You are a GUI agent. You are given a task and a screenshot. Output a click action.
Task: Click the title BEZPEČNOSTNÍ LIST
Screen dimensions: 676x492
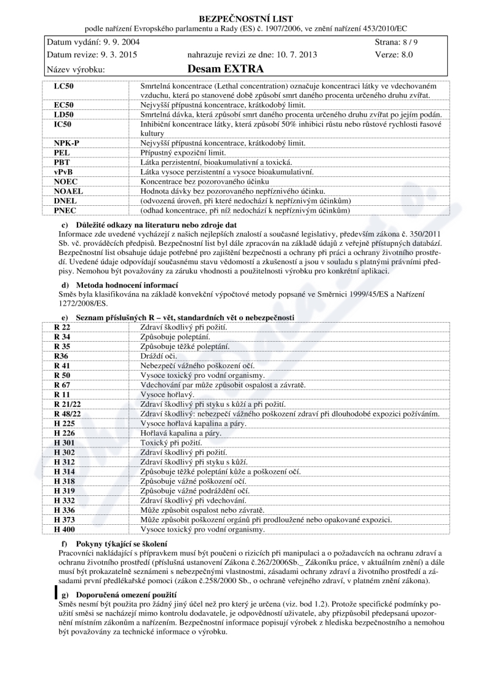[246, 19]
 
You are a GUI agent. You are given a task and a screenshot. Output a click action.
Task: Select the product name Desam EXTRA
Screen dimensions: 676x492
[225, 69]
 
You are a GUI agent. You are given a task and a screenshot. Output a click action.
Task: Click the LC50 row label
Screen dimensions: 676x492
[64, 87]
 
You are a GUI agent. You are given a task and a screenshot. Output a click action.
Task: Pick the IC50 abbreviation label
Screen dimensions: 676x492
[63, 124]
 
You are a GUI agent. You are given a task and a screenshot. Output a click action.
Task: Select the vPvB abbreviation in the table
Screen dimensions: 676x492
[63, 172]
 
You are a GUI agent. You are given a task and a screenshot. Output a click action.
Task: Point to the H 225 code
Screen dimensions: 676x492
[64, 423]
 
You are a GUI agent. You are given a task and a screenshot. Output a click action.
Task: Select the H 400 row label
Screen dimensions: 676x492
[64, 529]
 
